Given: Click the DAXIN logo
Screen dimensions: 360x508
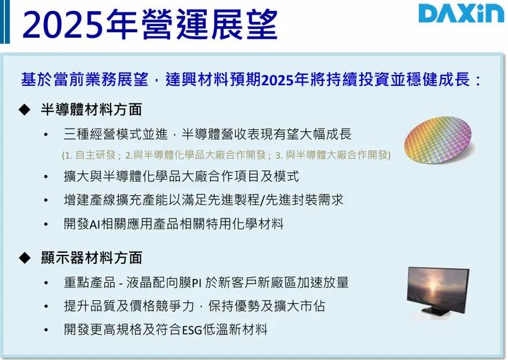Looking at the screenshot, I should point(461,14).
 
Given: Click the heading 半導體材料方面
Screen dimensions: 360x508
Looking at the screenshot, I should point(91,110).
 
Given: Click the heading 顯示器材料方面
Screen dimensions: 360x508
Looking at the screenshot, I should point(91,258).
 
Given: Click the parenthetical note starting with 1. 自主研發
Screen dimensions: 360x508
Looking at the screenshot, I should point(226,155).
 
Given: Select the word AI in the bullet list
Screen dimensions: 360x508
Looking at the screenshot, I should point(95,225).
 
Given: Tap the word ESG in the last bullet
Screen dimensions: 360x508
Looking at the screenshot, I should point(192,330).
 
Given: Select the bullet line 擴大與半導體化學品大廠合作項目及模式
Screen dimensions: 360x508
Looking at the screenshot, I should point(181,177).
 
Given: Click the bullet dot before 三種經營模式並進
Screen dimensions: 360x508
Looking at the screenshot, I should point(46,135).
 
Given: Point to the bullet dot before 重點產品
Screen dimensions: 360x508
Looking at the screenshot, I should point(46,283).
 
